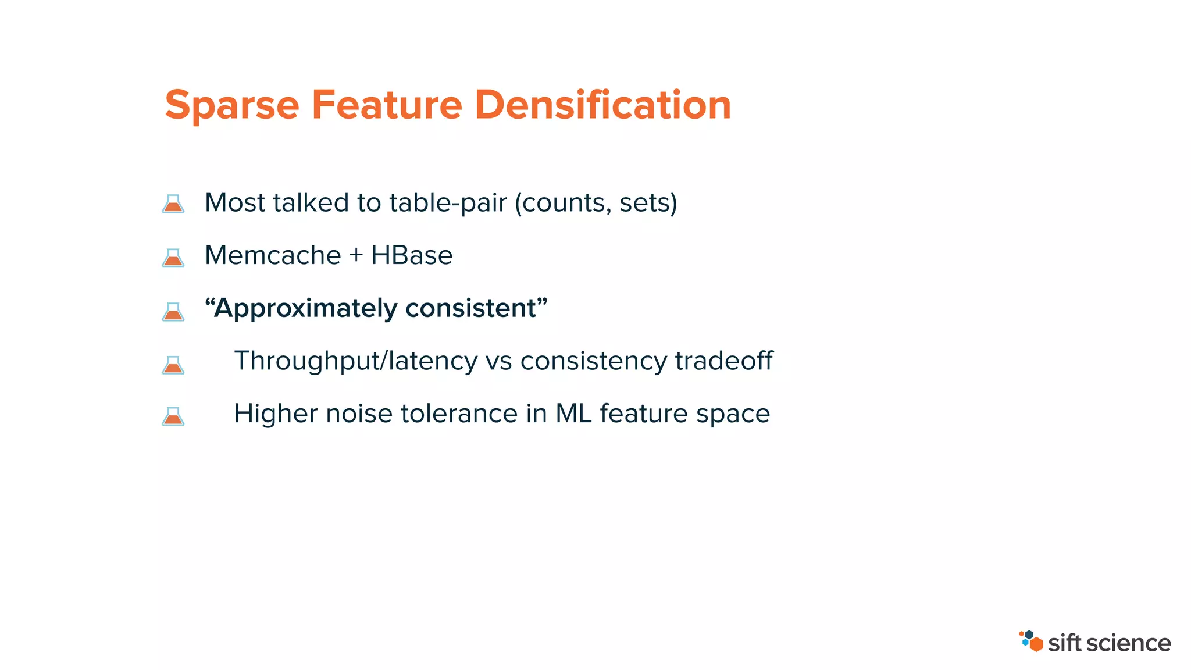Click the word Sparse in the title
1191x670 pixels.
(232, 106)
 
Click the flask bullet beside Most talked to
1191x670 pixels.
(173, 204)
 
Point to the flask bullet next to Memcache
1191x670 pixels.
(173, 257)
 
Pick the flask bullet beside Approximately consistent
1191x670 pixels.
(173, 311)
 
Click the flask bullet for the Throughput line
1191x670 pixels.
(173, 365)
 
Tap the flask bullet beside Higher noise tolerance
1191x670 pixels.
(173, 416)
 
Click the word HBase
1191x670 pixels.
(412, 255)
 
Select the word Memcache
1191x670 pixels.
(273, 255)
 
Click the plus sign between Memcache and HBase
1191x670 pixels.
(356, 256)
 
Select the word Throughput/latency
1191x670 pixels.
(355, 361)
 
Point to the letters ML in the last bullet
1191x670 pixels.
(573, 414)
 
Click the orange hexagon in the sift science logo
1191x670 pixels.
(1036, 644)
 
